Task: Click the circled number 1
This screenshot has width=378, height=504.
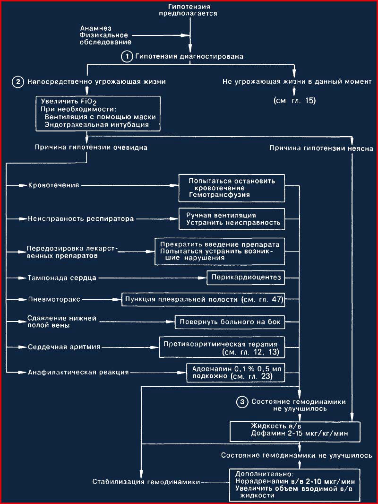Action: pyautogui.click(x=127, y=57)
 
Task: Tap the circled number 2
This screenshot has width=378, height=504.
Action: pyautogui.click(x=18, y=82)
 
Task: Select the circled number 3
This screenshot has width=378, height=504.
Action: pyautogui.click(x=242, y=402)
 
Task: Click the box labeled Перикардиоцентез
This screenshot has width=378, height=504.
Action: pyautogui.click(x=246, y=278)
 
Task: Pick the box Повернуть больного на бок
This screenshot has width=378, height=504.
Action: pyautogui.click(x=230, y=322)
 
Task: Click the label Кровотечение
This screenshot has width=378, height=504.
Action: pyautogui.click(x=54, y=185)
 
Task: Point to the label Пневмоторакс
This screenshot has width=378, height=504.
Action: pyautogui.click(x=54, y=300)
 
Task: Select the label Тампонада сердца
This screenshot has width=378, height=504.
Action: pyautogui.click(x=62, y=278)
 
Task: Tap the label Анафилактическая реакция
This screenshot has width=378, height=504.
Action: pyautogui.click(x=78, y=373)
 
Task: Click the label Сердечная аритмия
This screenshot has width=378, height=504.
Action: pyautogui.click(x=64, y=347)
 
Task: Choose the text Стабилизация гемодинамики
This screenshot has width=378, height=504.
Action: pyautogui.click(x=146, y=482)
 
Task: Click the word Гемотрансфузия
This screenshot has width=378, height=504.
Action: pyautogui.click(x=219, y=195)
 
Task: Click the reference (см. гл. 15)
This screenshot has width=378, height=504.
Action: pyautogui.click(x=295, y=101)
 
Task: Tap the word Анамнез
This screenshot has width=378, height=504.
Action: pyautogui.click(x=96, y=28)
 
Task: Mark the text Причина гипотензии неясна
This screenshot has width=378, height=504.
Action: pyautogui.click(x=321, y=148)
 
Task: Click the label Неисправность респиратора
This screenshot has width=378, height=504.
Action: pyautogui.click(x=81, y=219)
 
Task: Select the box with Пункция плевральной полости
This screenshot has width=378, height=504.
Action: pyautogui.click(x=203, y=300)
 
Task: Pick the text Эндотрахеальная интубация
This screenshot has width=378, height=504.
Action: pyautogui.click(x=97, y=125)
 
